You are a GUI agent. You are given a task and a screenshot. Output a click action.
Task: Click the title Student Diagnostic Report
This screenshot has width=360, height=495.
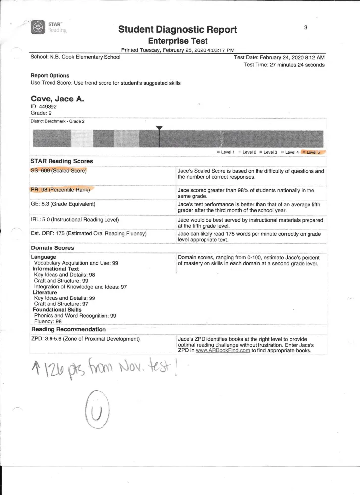(x=178, y=30)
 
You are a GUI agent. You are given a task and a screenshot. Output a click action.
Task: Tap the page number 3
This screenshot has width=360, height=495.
(x=306, y=28)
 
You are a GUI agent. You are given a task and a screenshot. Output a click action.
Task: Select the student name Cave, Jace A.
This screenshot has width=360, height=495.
(x=57, y=99)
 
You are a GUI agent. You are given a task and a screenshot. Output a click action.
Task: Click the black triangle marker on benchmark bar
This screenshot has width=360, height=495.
(x=159, y=128)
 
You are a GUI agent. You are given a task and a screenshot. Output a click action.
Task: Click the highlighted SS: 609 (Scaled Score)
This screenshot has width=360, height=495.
(x=58, y=171)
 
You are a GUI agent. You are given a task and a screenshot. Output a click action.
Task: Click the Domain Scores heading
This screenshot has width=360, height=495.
(x=52, y=247)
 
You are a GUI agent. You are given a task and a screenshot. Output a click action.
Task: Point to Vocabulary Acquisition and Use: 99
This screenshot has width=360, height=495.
(x=76, y=263)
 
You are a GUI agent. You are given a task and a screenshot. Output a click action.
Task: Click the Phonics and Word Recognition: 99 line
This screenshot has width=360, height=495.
(x=75, y=315)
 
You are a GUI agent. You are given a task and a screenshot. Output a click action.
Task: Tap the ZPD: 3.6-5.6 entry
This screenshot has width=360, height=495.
(x=85, y=339)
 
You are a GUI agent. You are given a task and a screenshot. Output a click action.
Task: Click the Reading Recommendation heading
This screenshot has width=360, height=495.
(x=68, y=329)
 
